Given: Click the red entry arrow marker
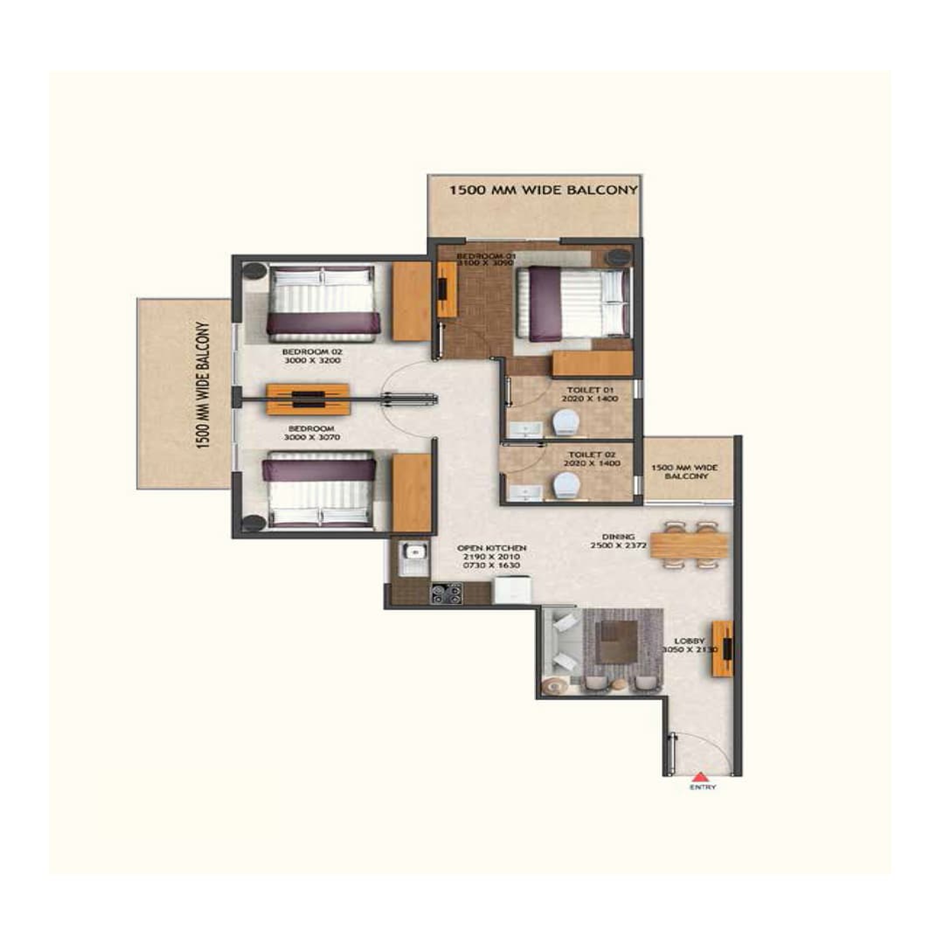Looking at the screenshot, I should pos(700,775).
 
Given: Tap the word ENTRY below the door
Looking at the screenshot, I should pos(702,788).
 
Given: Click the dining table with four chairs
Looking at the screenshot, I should pos(689,546).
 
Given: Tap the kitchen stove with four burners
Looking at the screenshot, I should pos(446,593).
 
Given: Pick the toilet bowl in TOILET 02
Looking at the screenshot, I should pos(565,484).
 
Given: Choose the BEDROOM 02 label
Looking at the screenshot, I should pos(305,353).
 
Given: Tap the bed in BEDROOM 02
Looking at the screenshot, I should pos(323,302).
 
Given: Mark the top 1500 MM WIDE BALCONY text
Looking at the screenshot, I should pos(543,189).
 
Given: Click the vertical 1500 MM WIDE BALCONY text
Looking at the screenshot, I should pos(203,385).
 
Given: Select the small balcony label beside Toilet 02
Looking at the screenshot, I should pos(688,472).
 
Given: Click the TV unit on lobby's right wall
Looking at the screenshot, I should pos(722,649).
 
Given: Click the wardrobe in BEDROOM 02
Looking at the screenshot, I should pos(411,301).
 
